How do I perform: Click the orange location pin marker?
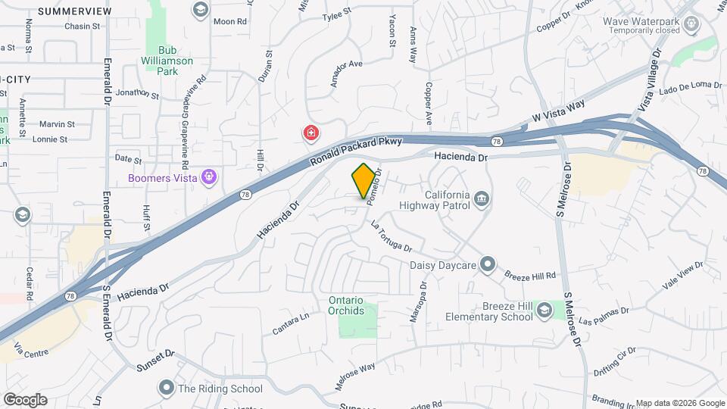click(363, 180)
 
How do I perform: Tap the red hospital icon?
click(310, 134)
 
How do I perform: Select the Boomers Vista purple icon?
click(210, 178)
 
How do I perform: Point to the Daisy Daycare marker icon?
click(488, 265)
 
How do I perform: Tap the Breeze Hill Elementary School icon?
click(544, 311)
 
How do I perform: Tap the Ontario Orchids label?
click(346, 305)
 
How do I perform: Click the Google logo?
click(25, 400)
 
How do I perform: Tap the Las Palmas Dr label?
click(604, 316)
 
